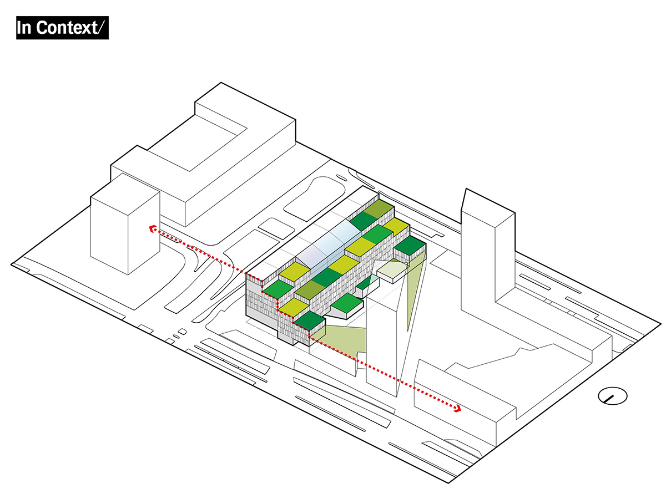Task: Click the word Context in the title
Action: point(65,28)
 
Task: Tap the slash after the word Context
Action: point(100,28)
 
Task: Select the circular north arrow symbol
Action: point(612,396)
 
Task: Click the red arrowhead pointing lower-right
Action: point(458,409)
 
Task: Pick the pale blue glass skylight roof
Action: point(327,247)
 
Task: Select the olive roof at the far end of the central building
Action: point(379,209)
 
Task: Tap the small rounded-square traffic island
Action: point(272,226)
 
